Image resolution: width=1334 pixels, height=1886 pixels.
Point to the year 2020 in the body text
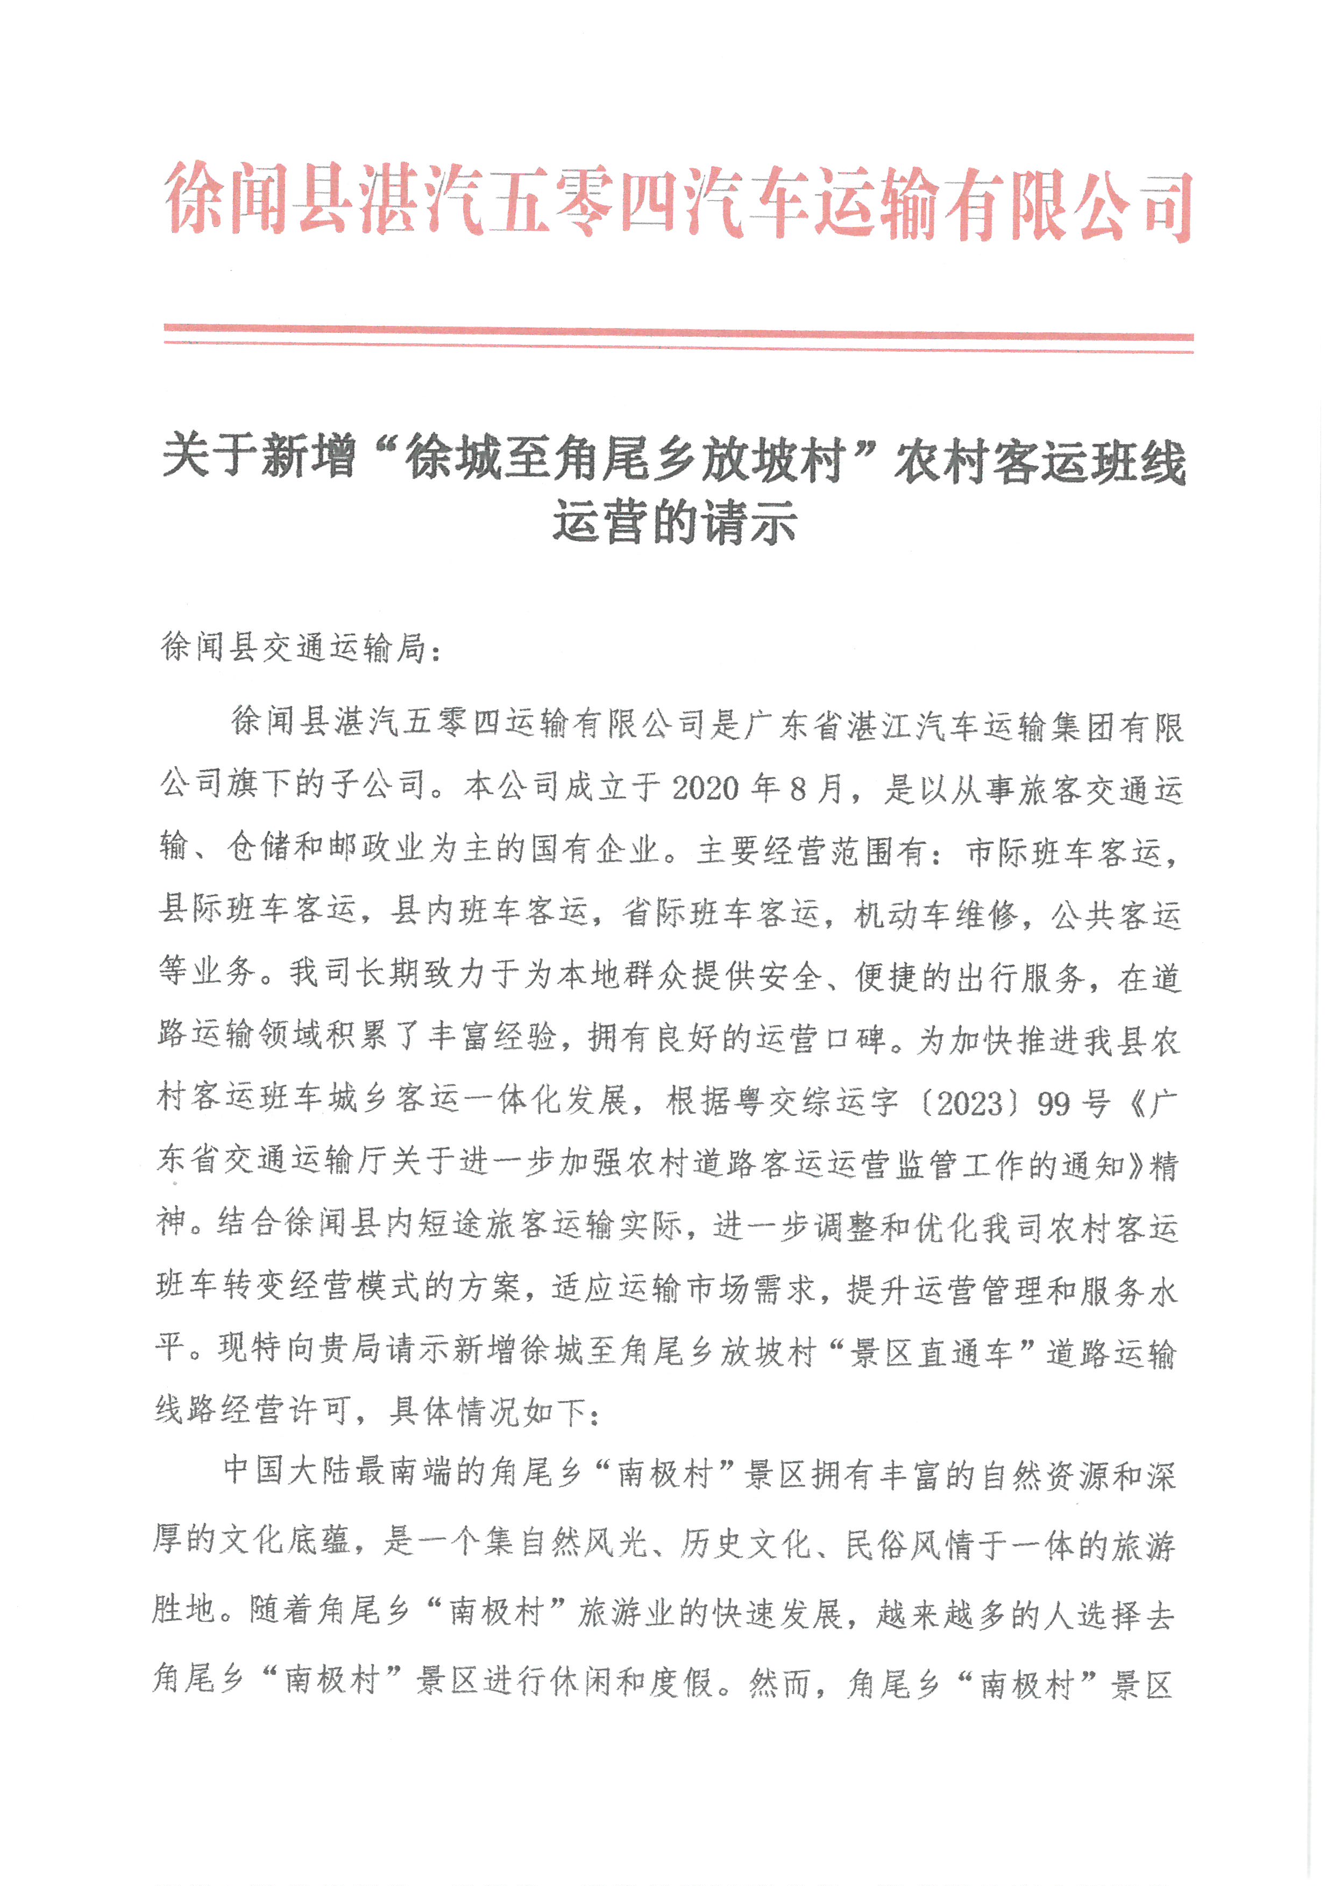pyautogui.click(x=705, y=788)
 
